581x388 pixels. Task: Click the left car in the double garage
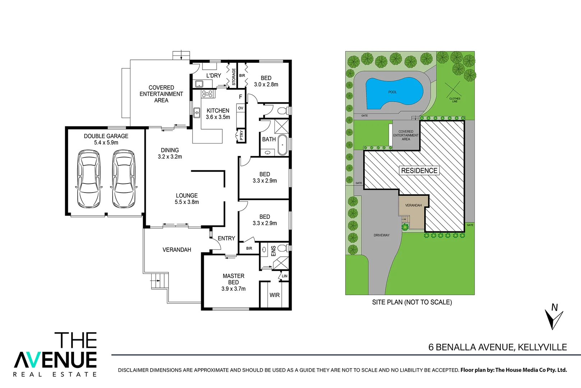coord(88,179)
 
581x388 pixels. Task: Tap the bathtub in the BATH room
coord(283,145)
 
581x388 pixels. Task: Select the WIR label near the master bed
coord(275,295)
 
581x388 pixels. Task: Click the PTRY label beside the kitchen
coord(241,135)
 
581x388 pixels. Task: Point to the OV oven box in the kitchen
coord(241,108)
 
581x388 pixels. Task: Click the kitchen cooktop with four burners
coord(207,94)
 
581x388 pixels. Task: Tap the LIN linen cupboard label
coord(285,276)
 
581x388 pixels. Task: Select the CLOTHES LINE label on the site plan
coord(455,100)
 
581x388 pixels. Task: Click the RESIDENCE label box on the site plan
coord(419,171)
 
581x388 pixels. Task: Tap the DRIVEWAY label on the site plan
coord(382,235)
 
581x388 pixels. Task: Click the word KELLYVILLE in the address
coord(542,347)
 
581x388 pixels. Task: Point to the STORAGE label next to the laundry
coord(234,77)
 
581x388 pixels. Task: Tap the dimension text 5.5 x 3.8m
coord(187,202)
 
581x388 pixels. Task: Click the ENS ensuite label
coord(273,251)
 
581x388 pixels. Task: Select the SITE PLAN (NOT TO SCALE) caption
coord(412,302)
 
